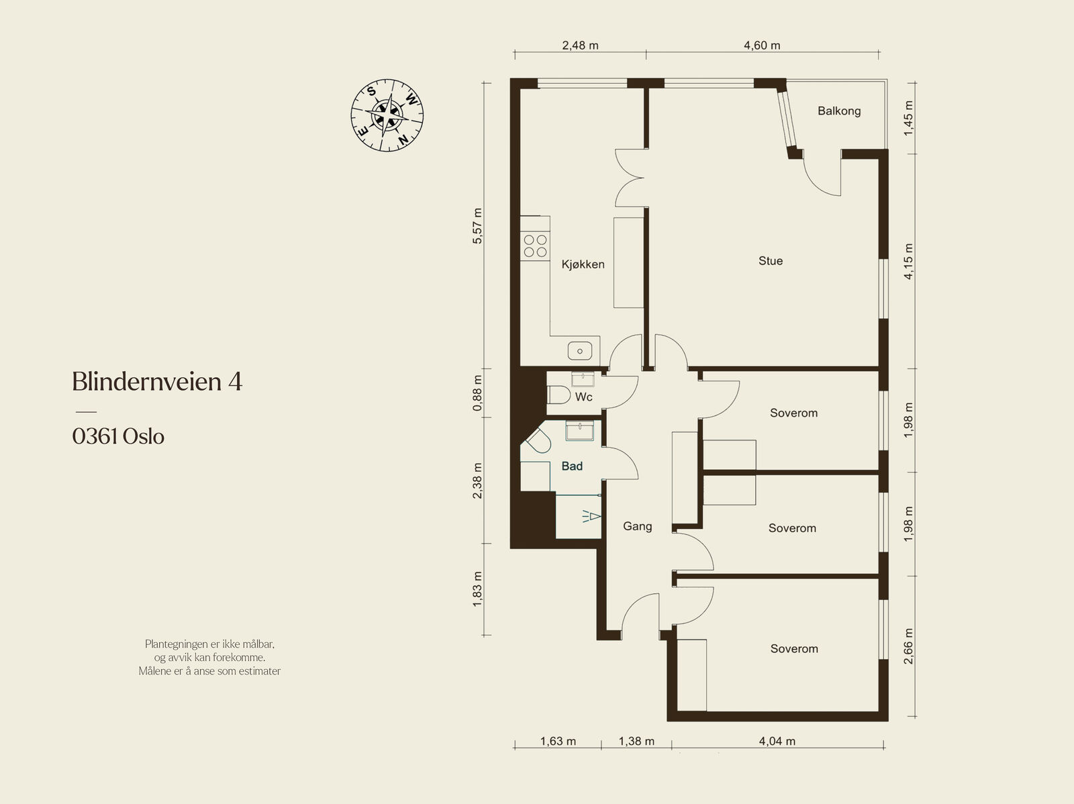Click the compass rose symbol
coord(387,115)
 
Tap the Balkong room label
coord(839,111)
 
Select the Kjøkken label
coord(583,264)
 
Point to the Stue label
coord(771,261)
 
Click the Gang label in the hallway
coord(637,526)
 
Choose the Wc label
coord(584,397)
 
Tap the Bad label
coord(572,466)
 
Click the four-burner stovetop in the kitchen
coord(535,246)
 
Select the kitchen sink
coord(580,351)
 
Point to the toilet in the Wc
coord(558,395)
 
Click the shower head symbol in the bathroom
coord(591,516)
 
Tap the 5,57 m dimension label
coord(477,226)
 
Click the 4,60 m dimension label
coord(762,46)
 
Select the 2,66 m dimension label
coord(908,646)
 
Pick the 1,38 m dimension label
coord(636,742)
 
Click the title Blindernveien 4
coord(157,381)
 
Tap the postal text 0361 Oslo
coord(118,436)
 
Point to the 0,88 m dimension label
coord(477,393)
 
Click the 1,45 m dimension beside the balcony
coord(908,118)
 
